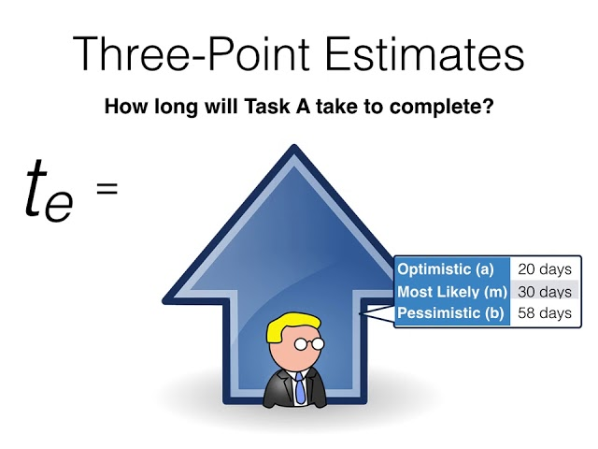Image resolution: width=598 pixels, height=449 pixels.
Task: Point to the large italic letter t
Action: pyautogui.click(x=38, y=187)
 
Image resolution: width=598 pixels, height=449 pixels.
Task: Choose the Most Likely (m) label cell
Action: pyautogui.click(x=452, y=292)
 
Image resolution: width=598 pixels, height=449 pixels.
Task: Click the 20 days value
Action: pyautogui.click(x=544, y=269)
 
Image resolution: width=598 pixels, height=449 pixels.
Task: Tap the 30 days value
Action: pyautogui.click(x=544, y=292)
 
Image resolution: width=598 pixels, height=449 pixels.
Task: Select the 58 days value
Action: pyautogui.click(x=544, y=313)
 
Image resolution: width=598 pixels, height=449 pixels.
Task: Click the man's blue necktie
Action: pyautogui.click(x=299, y=386)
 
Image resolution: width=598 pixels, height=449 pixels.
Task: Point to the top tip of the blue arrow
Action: pyautogui.click(x=295, y=147)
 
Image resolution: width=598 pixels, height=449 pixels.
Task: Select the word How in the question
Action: pyautogui.click(x=121, y=107)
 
